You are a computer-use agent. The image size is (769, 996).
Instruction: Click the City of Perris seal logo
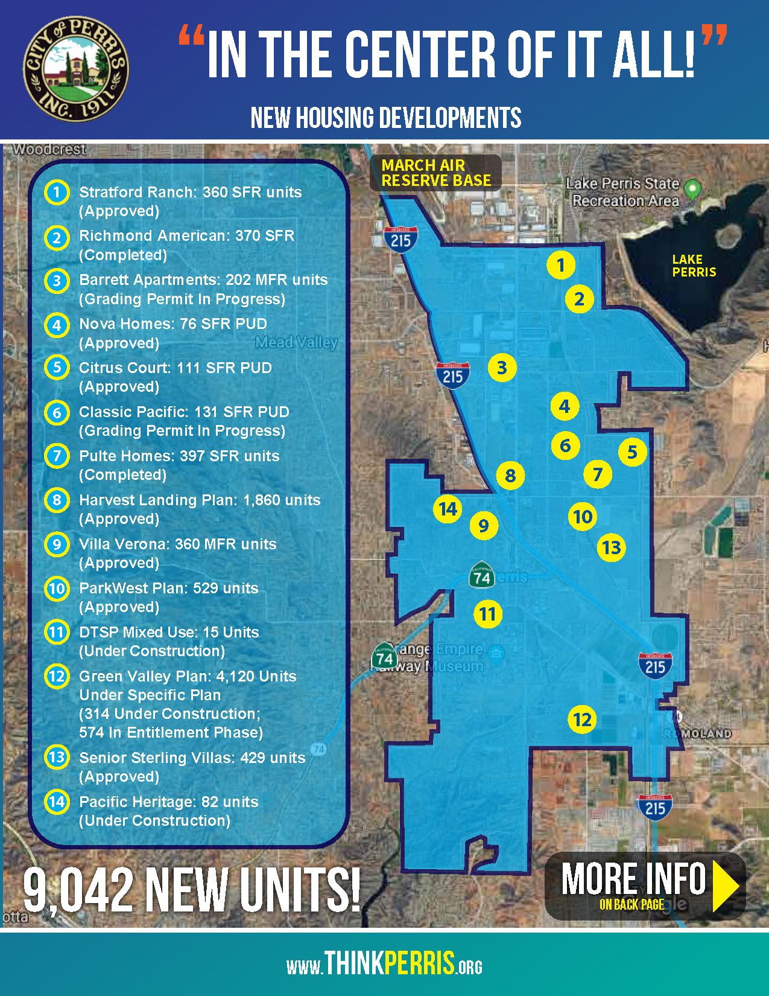[75, 69]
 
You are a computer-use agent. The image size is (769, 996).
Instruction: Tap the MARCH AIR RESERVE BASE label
[435, 173]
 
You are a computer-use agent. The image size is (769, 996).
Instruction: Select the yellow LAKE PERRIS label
[694, 266]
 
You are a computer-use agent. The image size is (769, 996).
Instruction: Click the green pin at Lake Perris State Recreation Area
[693, 188]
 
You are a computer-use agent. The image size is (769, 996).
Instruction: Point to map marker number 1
[561, 265]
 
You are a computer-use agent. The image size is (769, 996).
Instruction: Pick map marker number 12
[582, 720]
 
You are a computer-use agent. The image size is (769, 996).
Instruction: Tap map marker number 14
[448, 509]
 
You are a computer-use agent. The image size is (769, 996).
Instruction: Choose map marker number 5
[632, 452]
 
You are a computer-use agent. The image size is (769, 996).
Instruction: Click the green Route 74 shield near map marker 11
[481, 576]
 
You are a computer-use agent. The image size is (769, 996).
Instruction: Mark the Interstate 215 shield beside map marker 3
[452, 375]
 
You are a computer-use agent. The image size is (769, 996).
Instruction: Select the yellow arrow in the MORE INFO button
[726, 886]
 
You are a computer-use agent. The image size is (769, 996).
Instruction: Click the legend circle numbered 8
[57, 500]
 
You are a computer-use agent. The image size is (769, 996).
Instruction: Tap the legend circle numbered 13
[57, 757]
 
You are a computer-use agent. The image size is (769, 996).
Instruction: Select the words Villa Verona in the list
[121, 544]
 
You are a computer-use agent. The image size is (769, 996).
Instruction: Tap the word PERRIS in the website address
[419, 963]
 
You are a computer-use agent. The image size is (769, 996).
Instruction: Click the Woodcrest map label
[49, 149]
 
